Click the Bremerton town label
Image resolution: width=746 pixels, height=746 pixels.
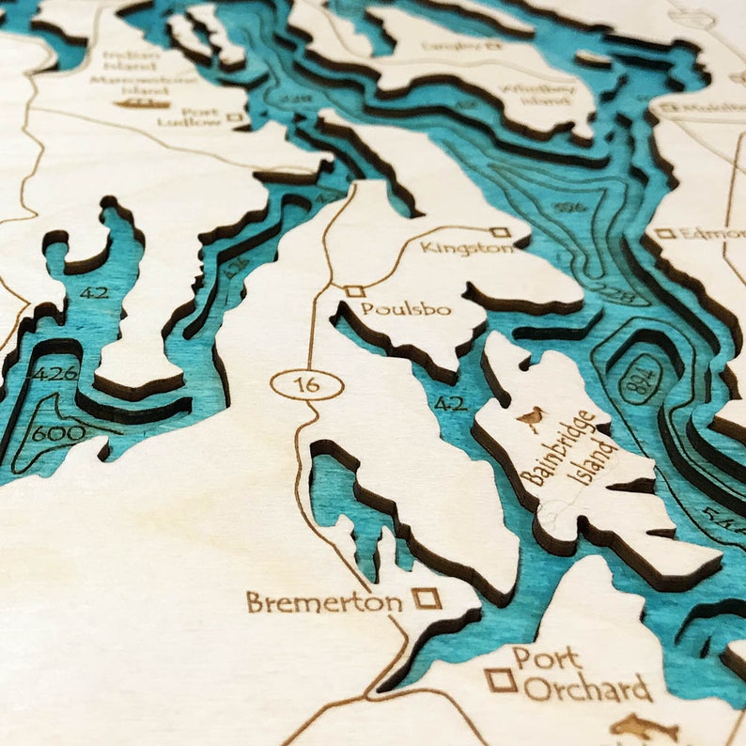(324, 602)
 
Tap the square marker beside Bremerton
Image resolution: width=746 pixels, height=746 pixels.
(427, 598)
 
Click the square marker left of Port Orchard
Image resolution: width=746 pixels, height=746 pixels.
(501, 678)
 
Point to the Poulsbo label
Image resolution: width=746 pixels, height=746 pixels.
(406, 309)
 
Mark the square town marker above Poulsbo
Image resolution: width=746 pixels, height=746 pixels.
(354, 291)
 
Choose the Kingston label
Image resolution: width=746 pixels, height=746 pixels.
(467, 248)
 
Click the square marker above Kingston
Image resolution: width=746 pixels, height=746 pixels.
(501, 232)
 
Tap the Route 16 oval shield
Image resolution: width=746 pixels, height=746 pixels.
(306, 383)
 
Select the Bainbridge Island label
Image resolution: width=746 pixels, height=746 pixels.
(570, 448)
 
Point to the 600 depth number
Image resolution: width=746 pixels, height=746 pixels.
(58, 434)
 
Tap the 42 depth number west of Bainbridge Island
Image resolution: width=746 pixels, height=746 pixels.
(449, 403)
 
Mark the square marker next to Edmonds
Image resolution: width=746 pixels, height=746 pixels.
(664, 233)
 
